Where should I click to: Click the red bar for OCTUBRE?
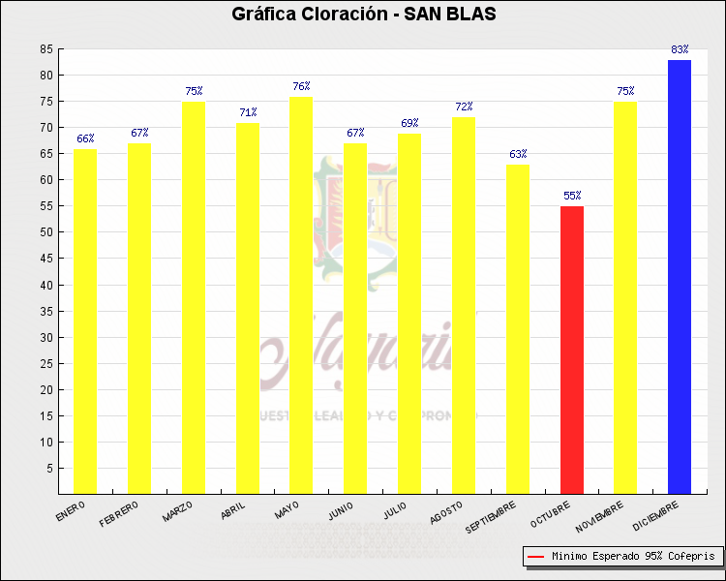coord(572,350)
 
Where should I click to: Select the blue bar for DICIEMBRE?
coord(680,277)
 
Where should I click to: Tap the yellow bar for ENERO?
coord(85,321)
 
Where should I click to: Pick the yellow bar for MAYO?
coord(301,294)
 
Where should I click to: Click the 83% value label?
coord(680,49)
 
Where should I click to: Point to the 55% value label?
coord(572,196)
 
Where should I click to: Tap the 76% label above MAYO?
coord(301,86)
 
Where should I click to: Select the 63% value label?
coord(518,154)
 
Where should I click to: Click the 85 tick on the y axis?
coord(46,49)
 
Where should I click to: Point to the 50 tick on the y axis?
coord(46,232)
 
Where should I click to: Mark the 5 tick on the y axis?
coord(49,468)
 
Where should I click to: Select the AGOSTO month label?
coord(446,510)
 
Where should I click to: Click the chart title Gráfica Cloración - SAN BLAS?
coord(363,15)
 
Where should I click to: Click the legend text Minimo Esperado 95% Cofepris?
coord(633,557)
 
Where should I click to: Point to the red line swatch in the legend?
coord(535,557)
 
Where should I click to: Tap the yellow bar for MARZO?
coord(193,297)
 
